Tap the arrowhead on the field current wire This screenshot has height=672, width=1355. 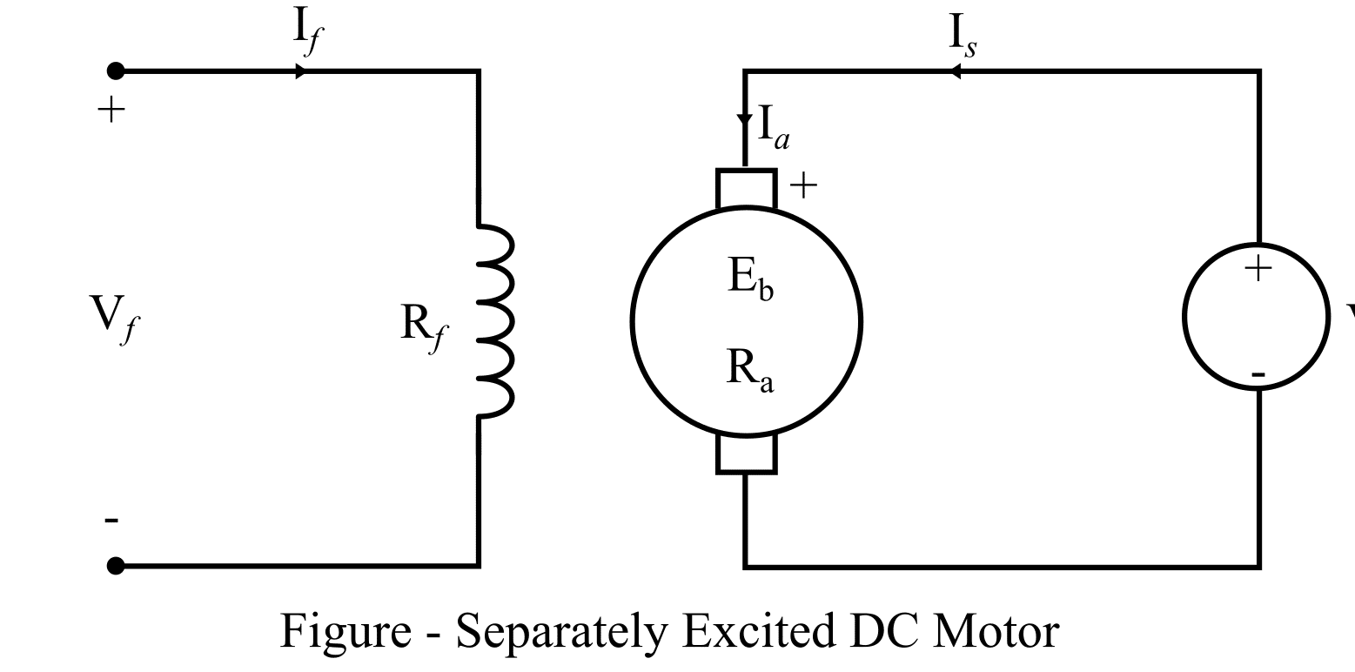[300, 71]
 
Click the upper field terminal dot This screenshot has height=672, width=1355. [116, 71]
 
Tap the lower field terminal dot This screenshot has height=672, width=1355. [116, 567]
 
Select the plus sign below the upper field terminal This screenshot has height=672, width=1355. [111, 111]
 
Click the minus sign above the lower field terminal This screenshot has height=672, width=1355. [111, 521]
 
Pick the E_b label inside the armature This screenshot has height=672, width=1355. [750, 280]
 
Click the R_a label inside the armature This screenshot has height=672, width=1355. [750, 372]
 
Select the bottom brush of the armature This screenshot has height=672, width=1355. [746, 454]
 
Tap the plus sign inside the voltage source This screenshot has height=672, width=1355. [1258, 269]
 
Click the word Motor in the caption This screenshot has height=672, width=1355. [996, 632]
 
